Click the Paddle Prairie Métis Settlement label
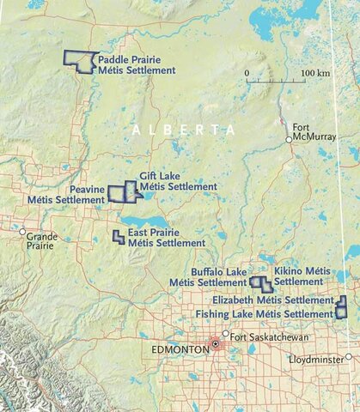point(136,64)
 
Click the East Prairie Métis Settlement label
point(166,238)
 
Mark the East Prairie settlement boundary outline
point(119,236)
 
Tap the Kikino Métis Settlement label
point(302,276)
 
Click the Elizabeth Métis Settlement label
point(272,300)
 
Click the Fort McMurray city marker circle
point(290,139)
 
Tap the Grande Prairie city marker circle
point(22,231)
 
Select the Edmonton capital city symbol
point(215,344)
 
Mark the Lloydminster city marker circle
point(350,357)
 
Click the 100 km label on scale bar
point(315,74)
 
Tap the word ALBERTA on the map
point(184,128)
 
